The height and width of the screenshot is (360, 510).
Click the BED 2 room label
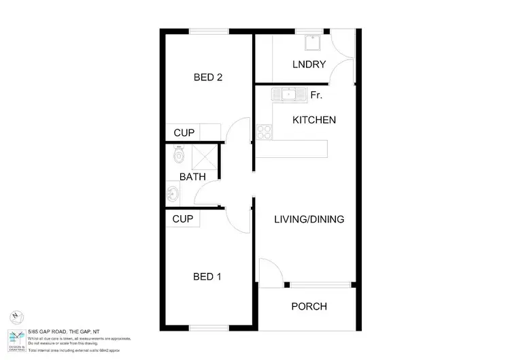coord(208,77)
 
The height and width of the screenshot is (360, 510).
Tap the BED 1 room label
coord(208,277)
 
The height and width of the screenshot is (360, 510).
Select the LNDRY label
coord(309,65)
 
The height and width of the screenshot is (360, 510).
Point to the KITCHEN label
coord(314,120)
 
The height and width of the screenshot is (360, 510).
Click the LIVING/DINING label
coord(309,219)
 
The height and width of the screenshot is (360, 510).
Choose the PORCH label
coord(309,306)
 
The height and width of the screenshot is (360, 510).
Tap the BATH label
coord(192,177)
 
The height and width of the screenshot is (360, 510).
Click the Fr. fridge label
coord(316,95)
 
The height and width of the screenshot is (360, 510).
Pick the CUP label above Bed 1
coord(183,219)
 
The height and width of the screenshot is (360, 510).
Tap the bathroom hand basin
coord(171,196)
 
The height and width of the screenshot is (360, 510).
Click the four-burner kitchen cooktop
coord(265,131)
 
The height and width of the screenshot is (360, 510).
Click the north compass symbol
coord(14,317)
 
